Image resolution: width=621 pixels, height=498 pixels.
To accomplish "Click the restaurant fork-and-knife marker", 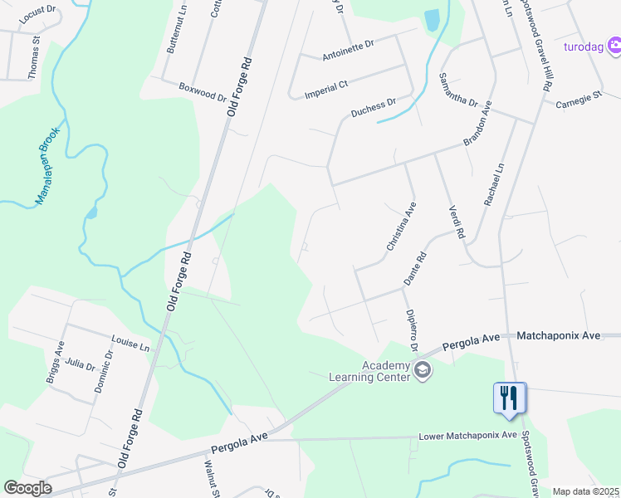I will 509,397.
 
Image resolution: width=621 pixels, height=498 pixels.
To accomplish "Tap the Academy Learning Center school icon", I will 423,369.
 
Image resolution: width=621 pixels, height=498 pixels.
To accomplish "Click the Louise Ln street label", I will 131,342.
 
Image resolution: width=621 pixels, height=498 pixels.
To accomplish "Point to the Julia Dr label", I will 81,364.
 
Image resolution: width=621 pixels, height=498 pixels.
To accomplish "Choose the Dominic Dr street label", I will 104,369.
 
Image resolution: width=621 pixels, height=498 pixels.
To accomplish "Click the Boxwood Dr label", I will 203,91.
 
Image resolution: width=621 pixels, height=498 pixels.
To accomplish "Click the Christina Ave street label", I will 400,226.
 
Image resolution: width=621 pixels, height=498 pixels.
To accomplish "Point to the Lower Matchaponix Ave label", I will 468,436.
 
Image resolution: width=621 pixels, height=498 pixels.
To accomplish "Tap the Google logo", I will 27,488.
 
